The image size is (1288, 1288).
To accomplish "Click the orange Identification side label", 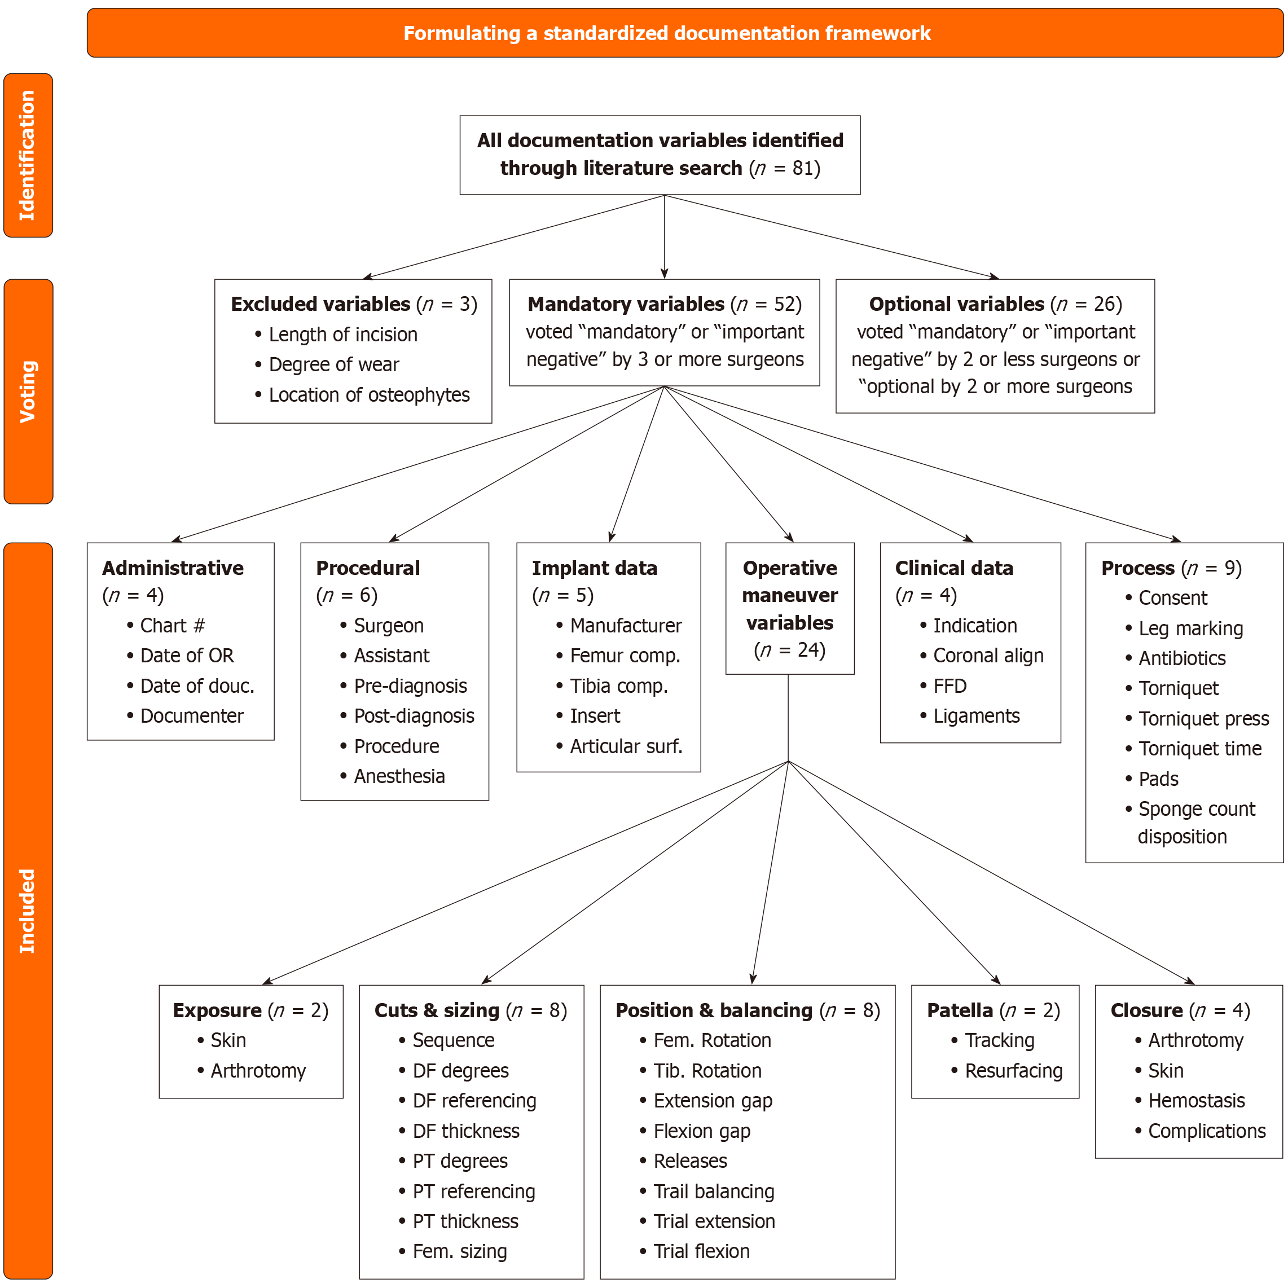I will point(28,155).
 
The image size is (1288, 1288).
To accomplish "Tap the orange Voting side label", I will point(28,392).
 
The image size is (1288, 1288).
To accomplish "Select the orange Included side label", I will point(28,911).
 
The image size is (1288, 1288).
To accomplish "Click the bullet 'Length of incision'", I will point(342,335).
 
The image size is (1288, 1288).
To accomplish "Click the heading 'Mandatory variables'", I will point(625,305).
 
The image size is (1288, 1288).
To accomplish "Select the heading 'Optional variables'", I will point(956,305).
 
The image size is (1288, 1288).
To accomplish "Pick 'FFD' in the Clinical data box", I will point(949,686).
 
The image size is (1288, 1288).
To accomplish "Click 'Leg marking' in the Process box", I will point(1190,628).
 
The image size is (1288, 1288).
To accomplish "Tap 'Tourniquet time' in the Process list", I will point(1199,749).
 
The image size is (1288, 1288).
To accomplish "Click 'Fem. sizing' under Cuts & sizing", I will point(459,1252).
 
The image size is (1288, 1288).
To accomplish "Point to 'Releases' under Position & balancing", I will point(690,1161).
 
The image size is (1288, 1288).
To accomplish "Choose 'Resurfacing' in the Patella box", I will point(1013,1071).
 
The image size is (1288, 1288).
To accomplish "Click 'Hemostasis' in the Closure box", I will point(1196,1101).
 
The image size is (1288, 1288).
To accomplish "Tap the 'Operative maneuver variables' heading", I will point(789,595).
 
